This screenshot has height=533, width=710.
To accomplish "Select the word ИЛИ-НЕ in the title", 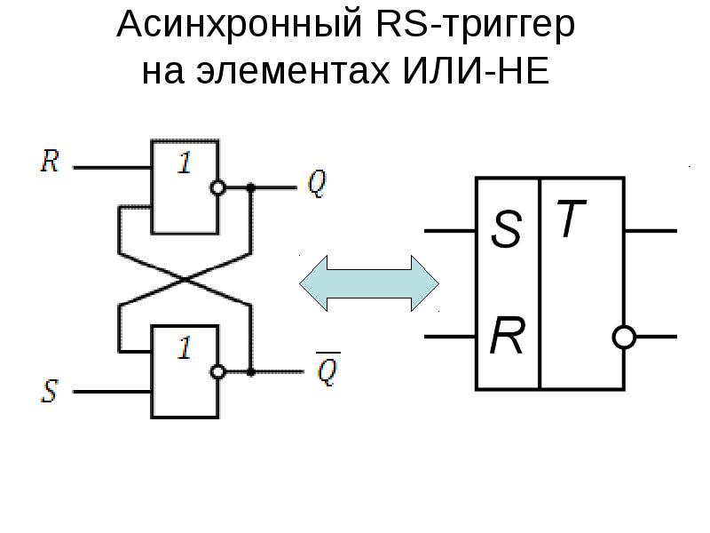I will coord(481,71).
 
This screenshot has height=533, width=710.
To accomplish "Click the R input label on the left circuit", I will coord(50,163).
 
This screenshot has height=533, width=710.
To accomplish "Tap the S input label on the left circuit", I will coord(50,392).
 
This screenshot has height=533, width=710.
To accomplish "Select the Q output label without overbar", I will coord(316,184).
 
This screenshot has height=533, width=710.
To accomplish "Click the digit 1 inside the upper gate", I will coord(185,164).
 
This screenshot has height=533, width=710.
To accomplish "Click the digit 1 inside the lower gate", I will coord(185,348).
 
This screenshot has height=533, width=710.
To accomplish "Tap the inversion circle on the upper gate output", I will coord(216,188).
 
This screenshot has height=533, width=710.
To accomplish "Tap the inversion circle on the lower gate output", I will coord(216,372).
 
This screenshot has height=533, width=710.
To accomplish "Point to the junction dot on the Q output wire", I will coord(251,188).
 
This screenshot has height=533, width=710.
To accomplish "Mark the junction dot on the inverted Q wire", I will coord(251,372).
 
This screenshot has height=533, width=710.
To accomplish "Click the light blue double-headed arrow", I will coord(369,283).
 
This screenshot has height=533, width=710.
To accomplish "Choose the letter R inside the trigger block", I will coord(507,338).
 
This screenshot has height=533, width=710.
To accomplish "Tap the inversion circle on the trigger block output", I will coord(625,338).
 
